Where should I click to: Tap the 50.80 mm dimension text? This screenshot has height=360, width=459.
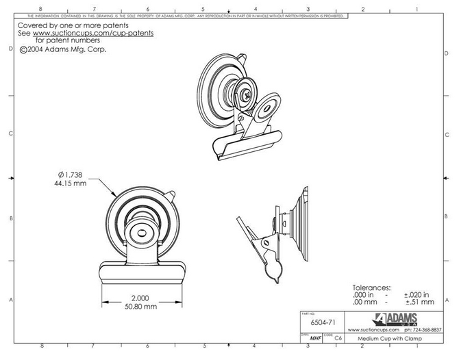[x=142, y=307]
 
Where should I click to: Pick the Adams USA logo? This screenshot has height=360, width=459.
[x=392, y=318]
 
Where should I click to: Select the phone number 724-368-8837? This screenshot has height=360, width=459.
[x=420, y=329]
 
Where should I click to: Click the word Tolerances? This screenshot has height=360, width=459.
[x=371, y=287]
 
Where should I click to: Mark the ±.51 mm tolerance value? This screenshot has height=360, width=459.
[x=419, y=302]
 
